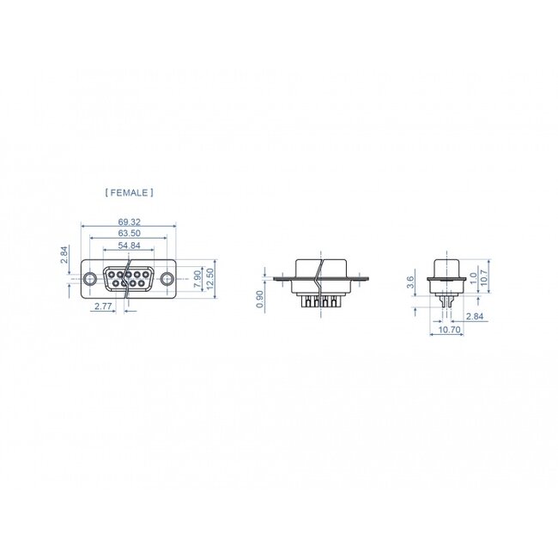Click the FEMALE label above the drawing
129,193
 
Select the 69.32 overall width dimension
130,221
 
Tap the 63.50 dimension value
130,233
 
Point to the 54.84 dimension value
130,246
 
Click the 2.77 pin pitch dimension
103,306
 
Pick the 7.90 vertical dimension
197,277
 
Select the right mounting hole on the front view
167,278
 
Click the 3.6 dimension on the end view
411,279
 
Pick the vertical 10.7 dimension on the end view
483,276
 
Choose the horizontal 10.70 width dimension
449,329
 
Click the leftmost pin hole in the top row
110,274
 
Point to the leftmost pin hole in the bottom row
115,283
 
